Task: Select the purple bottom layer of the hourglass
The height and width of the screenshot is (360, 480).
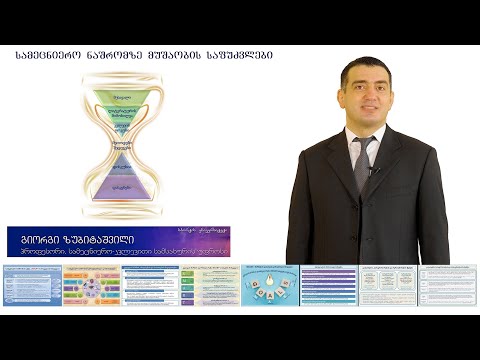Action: [x=124, y=187]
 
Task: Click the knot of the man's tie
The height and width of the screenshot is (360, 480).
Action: [x=366, y=144]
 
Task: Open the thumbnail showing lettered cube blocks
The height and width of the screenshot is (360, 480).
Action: [x=270, y=285]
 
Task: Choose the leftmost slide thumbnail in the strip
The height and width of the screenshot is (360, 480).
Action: [x=31, y=285]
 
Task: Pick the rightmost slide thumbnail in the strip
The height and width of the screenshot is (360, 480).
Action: [x=447, y=285]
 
